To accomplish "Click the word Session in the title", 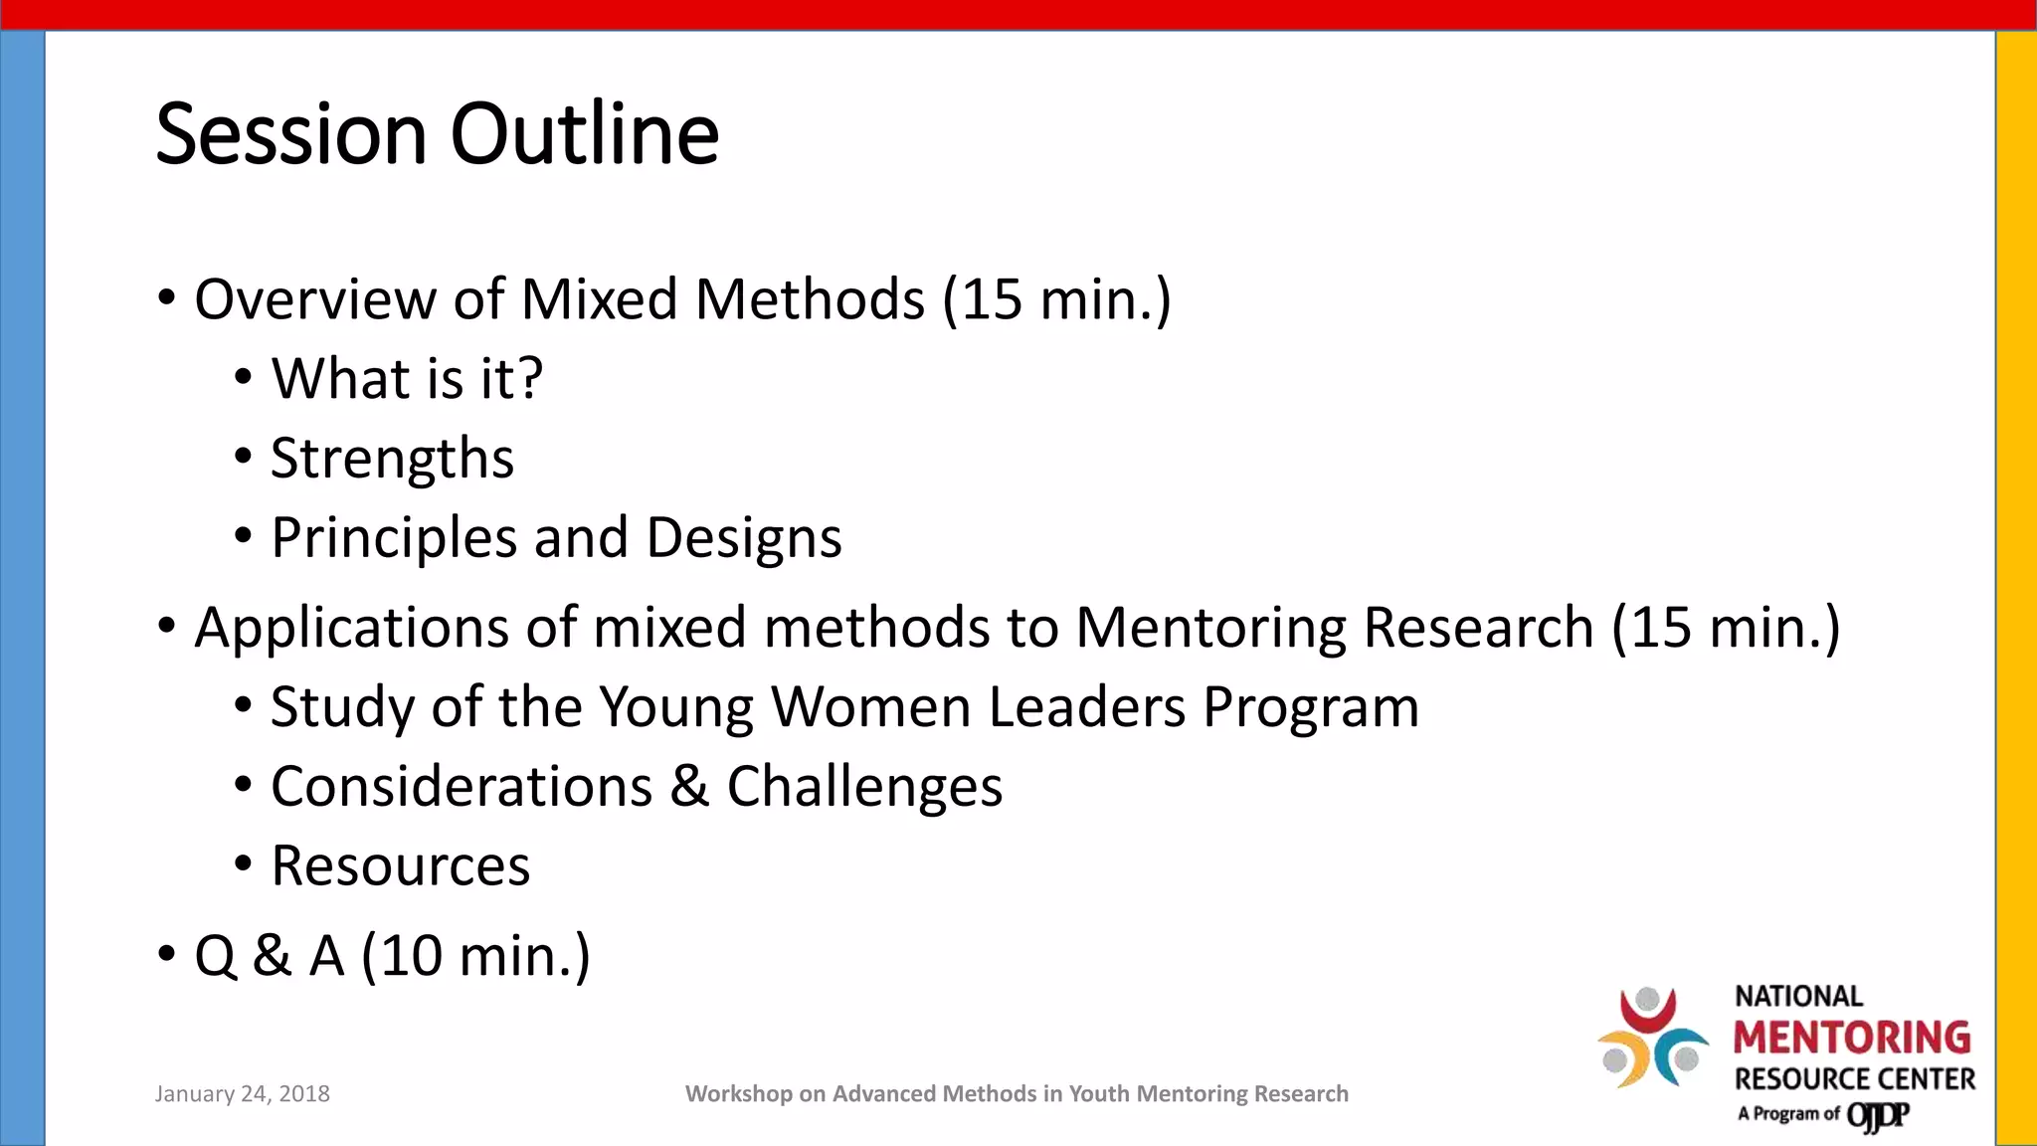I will (290, 134).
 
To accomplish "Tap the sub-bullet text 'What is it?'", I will (407, 378).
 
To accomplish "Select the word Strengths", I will (392, 459).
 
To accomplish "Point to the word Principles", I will (394, 538).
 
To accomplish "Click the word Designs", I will (743, 538).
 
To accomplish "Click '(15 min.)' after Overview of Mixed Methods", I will (1056, 298).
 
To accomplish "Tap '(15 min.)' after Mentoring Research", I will (1726, 627).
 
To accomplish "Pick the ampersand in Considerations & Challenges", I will (688, 786).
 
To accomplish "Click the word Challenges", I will (863, 787).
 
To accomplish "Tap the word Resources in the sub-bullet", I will (400, 865).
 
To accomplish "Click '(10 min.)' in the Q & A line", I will (475, 955).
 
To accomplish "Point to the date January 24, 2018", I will (242, 1093).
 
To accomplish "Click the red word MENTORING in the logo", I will (1851, 1038).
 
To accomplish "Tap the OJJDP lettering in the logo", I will (1877, 1115).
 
